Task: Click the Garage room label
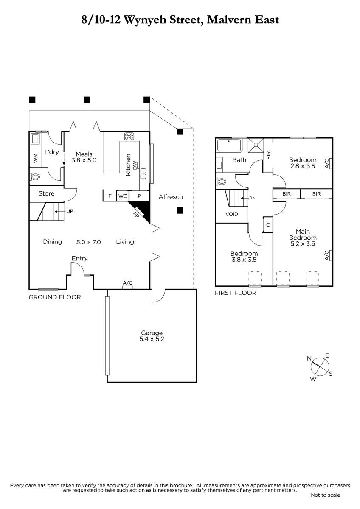click(x=152, y=336)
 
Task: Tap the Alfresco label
click(x=171, y=197)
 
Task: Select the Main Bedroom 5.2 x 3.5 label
click(x=303, y=238)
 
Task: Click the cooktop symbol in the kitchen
click(x=129, y=136)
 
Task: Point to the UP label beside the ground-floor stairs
click(x=70, y=211)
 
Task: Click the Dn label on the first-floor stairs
click(x=252, y=198)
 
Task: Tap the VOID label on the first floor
click(x=232, y=214)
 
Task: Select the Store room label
click(x=46, y=193)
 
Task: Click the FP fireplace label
click(x=136, y=215)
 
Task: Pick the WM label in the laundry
click(x=36, y=158)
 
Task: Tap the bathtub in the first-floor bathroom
click(x=229, y=145)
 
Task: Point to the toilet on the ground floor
click(x=35, y=176)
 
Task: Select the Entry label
click(x=79, y=259)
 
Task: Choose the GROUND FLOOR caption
click(x=55, y=297)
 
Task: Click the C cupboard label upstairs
click(x=268, y=225)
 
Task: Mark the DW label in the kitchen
click(x=135, y=165)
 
